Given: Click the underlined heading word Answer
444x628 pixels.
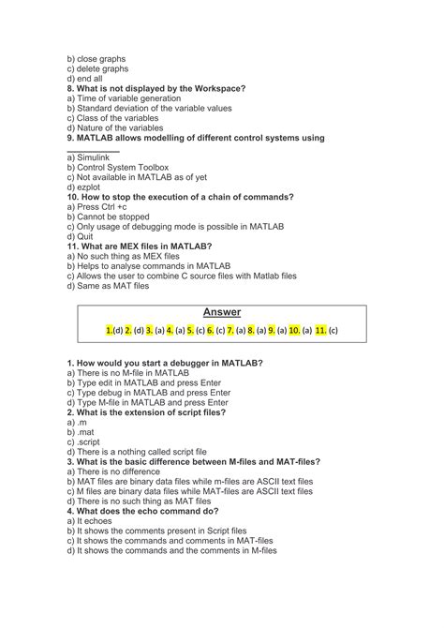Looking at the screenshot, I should coord(221,311).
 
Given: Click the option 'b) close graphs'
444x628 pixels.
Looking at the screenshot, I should coord(96,58).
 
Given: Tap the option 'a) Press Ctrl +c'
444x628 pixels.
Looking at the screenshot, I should coord(102,207).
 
